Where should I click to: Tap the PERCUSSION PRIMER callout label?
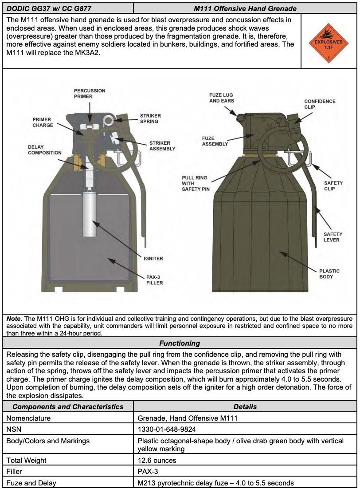(90, 93)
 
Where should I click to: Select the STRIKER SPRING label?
(149, 118)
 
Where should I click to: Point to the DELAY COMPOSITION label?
(45, 150)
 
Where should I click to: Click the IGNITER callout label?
(153, 259)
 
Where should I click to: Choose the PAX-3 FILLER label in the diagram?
(155, 280)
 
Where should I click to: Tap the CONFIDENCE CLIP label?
(320, 104)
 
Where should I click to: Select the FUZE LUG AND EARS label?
(222, 98)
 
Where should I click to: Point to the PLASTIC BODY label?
(329, 274)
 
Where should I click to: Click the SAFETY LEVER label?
(333, 237)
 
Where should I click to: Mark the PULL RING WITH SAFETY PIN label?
(195, 184)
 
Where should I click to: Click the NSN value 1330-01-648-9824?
(167, 430)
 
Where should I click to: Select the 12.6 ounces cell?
(157, 461)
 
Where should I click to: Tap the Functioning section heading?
(180, 343)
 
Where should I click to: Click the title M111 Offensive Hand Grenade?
(245, 8)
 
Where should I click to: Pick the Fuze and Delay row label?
(31, 483)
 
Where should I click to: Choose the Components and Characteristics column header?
(68, 406)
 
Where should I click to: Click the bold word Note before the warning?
(15, 319)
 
